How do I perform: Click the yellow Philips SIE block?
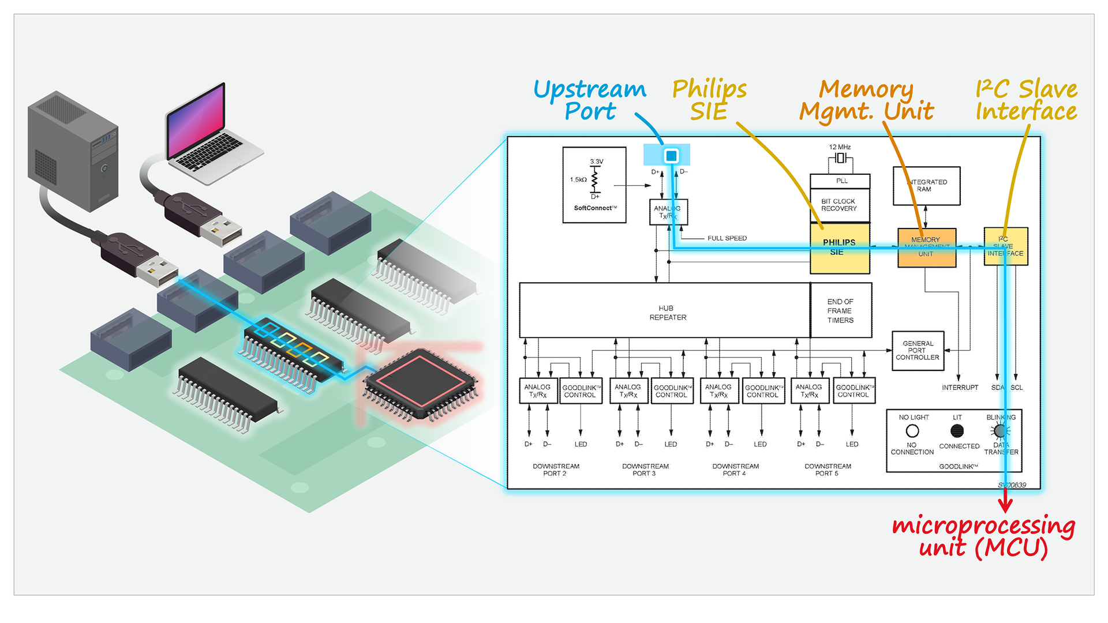pyautogui.click(x=840, y=248)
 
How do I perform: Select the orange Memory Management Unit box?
pyautogui.click(x=926, y=247)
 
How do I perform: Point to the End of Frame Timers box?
pyautogui.click(x=841, y=310)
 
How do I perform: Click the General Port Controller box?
pyautogui.click(x=918, y=351)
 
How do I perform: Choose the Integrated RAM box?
pyautogui.click(x=926, y=186)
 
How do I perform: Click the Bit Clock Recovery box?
pyautogui.click(x=840, y=205)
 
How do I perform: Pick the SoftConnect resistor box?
pyautogui.click(x=594, y=185)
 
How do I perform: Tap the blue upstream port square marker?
pyautogui.click(x=671, y=156)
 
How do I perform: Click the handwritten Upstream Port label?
pyautogui.click(x=590, y=100)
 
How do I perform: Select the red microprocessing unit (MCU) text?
pyautogui.click(x=983, y=536)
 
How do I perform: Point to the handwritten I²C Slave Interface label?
pyautogui.click(x=1026, y=100)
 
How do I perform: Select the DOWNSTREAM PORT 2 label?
pyautogui.click(x=555, y=470)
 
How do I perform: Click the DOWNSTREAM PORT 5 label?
pyautogui.click(x=828, y=470)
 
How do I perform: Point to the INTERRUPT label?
pyautogui.click(x=960, y=388)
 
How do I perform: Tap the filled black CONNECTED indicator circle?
pyautogui.click(x=957, y=430)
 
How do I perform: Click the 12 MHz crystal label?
pyautogui.click(x=840, y=147)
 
